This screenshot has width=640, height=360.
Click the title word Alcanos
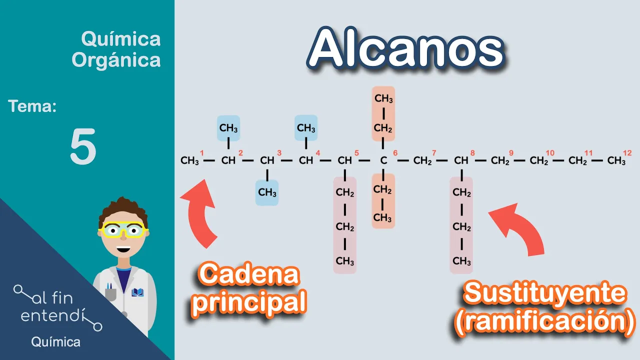405,49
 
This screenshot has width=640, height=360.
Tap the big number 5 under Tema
83,147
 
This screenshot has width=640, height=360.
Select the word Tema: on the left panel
32,106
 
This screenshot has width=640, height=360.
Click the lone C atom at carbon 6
383,161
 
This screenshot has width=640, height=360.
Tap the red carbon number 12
627,153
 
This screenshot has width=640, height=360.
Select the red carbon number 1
202,153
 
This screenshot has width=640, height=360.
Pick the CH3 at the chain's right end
616,161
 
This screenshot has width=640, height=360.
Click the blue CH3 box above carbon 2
228,128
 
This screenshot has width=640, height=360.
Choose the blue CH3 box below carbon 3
267,192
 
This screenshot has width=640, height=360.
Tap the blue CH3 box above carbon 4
306,128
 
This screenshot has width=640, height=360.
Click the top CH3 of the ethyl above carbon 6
383,98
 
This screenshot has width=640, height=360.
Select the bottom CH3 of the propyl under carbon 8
461,261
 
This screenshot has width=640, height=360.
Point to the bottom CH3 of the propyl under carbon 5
345,261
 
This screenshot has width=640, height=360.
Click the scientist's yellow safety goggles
123,229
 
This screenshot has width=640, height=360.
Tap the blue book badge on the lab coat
137,292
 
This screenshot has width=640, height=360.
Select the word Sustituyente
544,294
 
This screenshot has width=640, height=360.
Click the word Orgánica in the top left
116,60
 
